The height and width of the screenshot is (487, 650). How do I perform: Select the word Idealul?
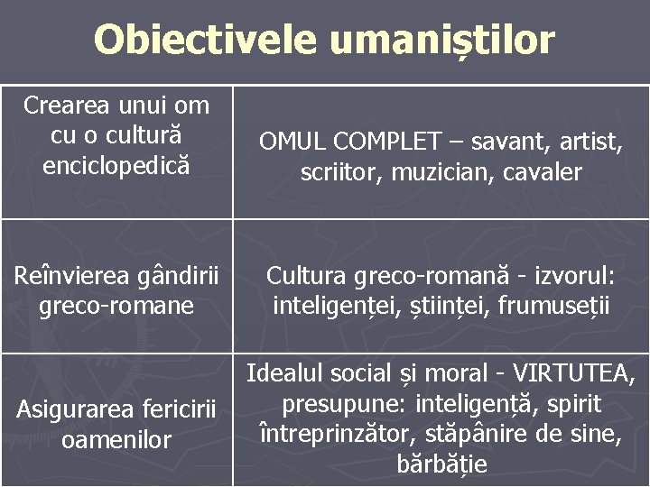286,372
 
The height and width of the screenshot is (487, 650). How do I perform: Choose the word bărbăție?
441,465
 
